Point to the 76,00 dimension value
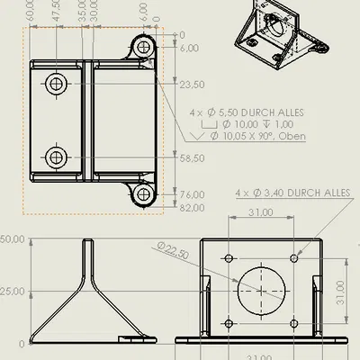(x=192, y=194)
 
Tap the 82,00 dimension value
(x=192, y=208)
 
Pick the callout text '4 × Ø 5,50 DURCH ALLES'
(x=246, y=112)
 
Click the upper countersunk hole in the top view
(x=56, y=85)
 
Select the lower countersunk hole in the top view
(x=56, y=157)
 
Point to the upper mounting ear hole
(x=144, y=48)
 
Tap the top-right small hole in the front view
(x=292, y=259)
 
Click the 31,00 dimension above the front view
(x=261, y=213)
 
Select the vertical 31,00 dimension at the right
(x=341, y=292)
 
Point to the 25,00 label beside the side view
(x=11, y=292)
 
